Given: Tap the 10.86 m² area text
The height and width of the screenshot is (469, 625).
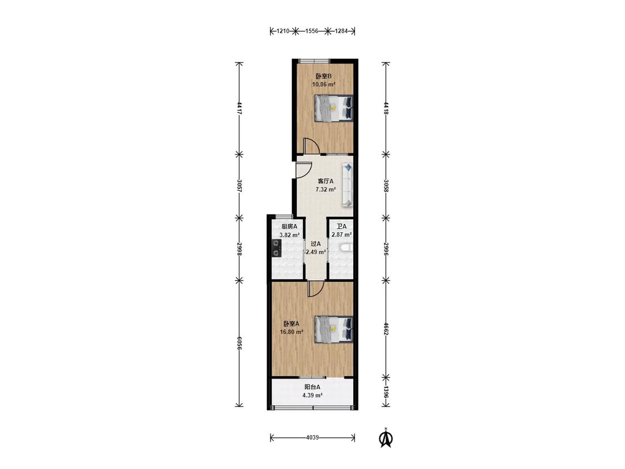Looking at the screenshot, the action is [323, 84].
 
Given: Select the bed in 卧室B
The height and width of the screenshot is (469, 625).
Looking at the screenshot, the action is [334, 108].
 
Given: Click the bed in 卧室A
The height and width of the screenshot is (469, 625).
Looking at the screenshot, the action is [334, 330].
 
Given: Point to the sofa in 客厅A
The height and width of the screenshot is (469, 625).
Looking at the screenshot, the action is [347, 185].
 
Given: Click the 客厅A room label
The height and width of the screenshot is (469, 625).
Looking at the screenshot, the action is [325, 181].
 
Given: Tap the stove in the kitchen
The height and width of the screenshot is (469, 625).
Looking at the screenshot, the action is [276, 248].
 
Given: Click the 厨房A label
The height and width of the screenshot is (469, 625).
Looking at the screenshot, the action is [289, 227].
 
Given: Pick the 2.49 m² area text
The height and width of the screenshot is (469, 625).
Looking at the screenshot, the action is [316, 252].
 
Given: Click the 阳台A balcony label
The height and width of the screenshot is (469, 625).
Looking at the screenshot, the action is [312, 387].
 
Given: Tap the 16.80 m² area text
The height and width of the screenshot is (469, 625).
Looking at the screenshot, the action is [292, 332].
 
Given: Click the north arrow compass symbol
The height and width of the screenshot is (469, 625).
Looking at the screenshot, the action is [386, 437].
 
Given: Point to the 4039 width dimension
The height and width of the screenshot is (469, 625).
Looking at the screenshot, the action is [312, 437].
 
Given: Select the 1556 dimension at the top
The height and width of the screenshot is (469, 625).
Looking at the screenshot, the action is [312, 31].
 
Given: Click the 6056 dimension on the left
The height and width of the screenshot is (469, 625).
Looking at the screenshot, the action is [239, 343].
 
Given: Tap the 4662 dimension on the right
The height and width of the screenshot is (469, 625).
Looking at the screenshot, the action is [386, 328].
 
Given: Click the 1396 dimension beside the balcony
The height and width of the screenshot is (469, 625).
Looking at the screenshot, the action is [386, 392].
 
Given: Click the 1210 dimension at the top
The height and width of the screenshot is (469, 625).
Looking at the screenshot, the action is [283, 31].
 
